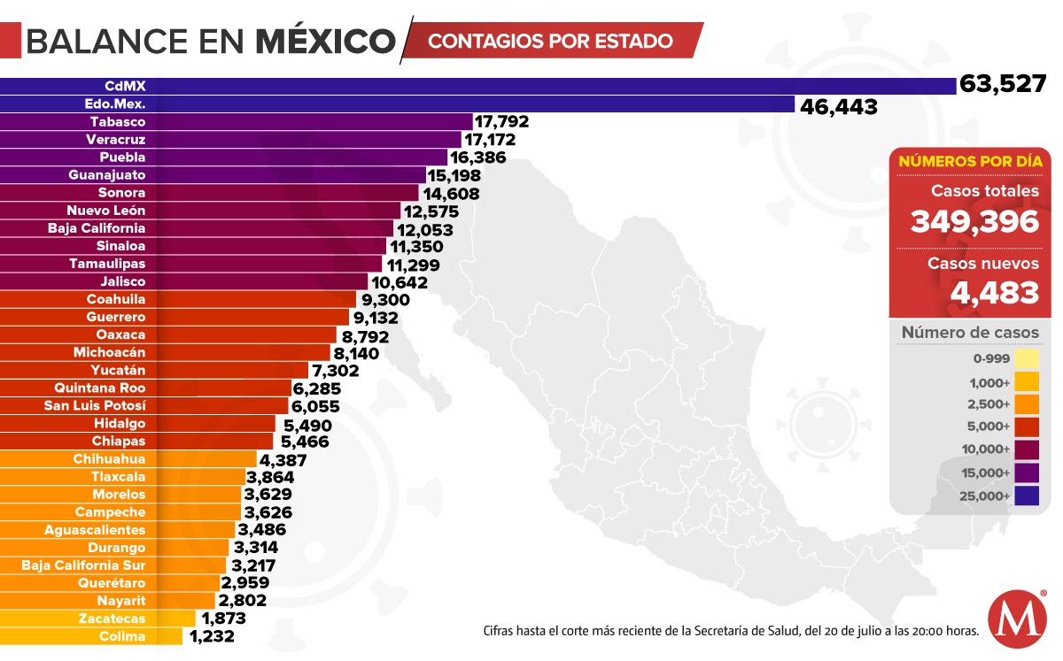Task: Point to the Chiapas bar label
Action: click(x=119, y=441)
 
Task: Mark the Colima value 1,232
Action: click(x=211, y=636)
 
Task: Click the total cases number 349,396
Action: click(x=974, y=221)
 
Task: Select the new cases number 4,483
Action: click(x=995, y=291)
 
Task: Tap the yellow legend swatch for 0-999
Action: click(x=1027, y=358)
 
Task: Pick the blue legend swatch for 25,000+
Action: click(x=1027, y=496)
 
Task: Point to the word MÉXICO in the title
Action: click(x=325, y=40)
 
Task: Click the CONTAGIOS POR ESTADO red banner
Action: click(x=551, y=41)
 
